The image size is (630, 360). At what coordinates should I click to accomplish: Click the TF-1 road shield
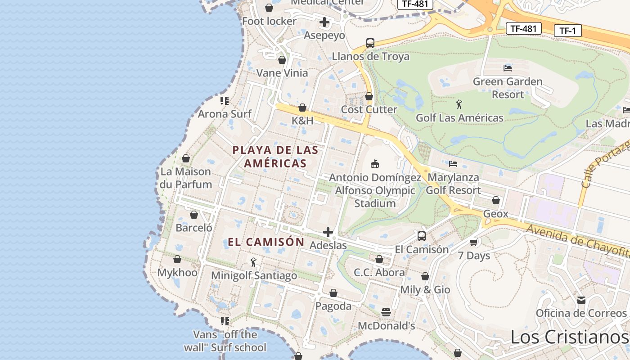pos(567,31)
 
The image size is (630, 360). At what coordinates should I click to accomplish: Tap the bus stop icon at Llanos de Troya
pos(370,43)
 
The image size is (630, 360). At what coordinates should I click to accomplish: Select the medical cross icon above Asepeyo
pos(324,22)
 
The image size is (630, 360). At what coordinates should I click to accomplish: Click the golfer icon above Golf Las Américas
pos(459,105)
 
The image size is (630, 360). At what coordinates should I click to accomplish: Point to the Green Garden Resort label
pos(508,88)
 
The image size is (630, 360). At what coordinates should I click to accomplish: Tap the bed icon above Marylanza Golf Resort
pos(453,164)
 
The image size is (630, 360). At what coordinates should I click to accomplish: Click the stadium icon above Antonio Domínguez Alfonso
pos(374,164)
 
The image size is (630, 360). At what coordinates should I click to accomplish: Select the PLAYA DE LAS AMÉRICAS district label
pos(275,157)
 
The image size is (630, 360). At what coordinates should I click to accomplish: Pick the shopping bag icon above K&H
pos(302,108)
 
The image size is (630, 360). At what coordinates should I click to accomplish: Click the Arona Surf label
pos(225,114)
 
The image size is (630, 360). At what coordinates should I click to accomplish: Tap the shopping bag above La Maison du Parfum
pos(186,158)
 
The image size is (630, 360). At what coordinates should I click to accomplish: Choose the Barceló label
pos(194,228)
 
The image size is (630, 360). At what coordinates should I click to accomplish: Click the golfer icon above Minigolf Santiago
pos(254,262)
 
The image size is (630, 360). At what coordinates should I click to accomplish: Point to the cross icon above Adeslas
pos(328,232)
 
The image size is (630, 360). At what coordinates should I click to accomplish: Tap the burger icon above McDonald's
pos(386,312)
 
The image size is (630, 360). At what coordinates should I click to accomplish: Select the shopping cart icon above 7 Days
pos(473,243)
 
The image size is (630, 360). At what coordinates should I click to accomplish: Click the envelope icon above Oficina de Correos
pos(581,300)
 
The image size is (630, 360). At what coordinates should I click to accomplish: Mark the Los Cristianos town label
pos(569,337)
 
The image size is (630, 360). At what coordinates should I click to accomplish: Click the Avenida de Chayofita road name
pos(578,242)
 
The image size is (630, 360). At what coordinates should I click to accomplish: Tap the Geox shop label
pos(495,214)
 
